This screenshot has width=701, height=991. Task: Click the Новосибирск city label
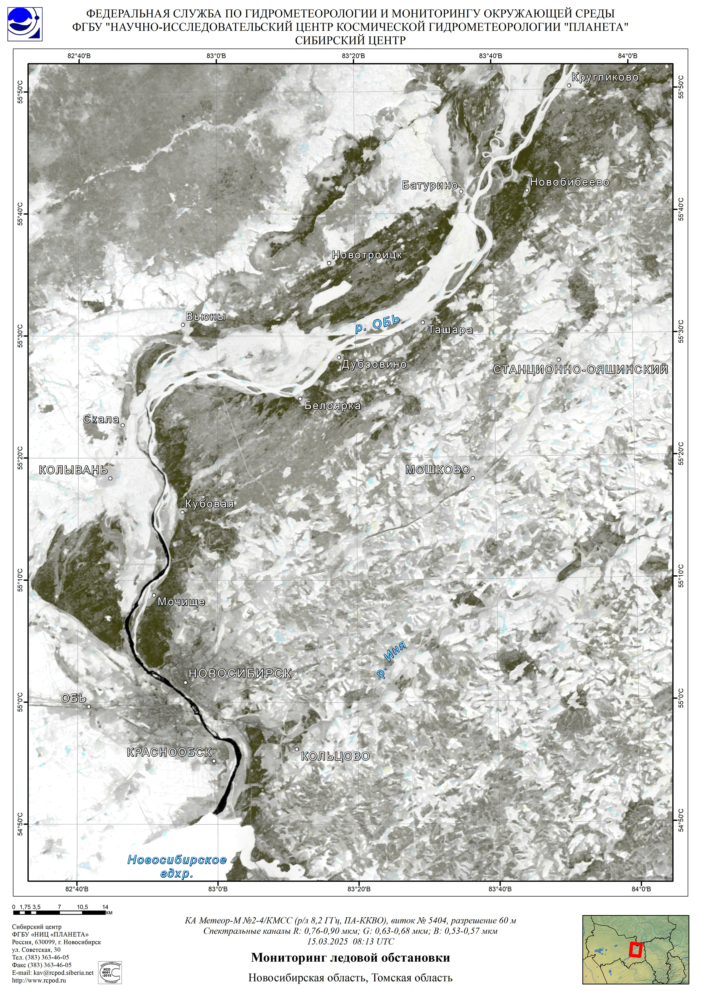240,673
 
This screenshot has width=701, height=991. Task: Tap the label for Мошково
437,470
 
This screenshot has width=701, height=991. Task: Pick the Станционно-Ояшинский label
580,369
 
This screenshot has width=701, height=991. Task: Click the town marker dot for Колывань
111,478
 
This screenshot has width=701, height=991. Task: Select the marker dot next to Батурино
461,191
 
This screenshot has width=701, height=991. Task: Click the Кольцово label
335,756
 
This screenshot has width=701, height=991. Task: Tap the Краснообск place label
169,752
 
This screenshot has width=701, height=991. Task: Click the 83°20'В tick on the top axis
353,56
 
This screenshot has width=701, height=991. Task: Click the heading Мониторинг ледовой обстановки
350,958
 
